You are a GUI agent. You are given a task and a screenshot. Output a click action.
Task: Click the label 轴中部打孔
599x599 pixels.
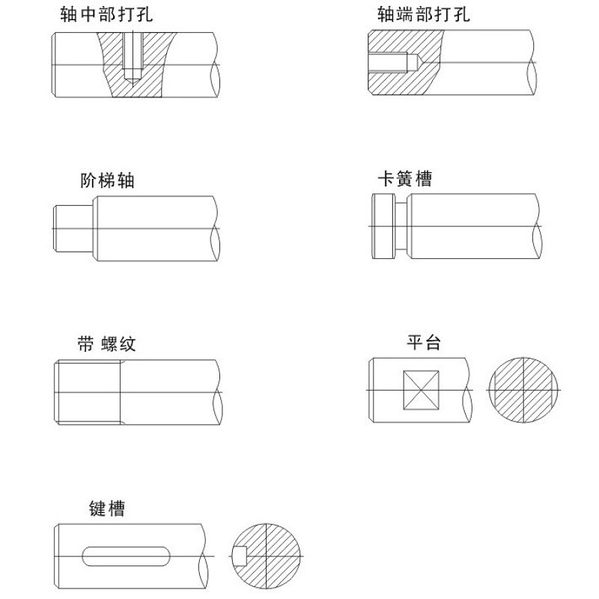pos(106,14)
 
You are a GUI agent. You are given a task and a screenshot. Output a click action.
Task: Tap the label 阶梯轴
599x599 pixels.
pos(107,180)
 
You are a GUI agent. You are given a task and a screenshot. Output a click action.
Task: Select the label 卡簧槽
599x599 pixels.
pos(405,179)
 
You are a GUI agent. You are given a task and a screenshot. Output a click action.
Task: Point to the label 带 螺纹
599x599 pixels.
pos(107,344)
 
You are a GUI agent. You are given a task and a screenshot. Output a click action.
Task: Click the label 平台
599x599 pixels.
pos(424,343)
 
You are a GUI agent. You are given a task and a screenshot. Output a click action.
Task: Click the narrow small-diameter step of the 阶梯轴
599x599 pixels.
pos(73,228)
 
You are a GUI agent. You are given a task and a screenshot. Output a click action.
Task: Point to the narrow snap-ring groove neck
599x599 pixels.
pos(402,228)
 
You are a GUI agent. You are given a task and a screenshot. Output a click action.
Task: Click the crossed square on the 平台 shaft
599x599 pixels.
pos(421,390)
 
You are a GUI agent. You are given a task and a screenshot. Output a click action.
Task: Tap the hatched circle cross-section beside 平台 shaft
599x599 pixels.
pos(523,390)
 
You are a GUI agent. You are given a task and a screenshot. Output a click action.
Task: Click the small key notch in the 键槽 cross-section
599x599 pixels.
pos(240,556)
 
